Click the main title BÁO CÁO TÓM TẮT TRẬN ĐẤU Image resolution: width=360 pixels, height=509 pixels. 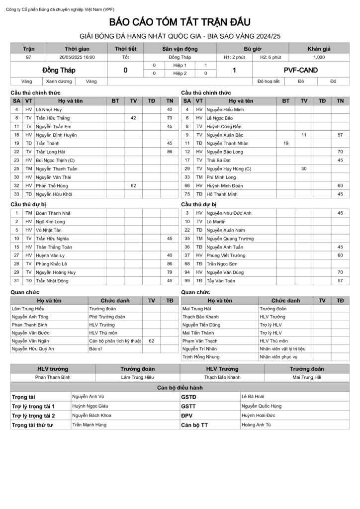click(180, 22)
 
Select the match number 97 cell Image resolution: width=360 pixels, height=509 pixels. click(28, 57)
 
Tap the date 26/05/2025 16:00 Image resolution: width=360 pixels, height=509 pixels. click(77, 57)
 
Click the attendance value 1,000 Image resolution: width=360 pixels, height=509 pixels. click(319, 57)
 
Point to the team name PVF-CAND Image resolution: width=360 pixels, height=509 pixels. click(300, 70)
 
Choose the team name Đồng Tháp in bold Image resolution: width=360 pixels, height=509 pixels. click(59, 70)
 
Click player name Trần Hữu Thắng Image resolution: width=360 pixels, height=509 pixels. click(53, 118)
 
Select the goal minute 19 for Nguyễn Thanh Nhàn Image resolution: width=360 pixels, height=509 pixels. click(286, 143)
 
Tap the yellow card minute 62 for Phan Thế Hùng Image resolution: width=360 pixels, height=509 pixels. click(133, 185)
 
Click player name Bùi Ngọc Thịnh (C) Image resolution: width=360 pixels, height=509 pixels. click(55, 160)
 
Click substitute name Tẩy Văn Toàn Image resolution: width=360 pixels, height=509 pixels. click(221, 281)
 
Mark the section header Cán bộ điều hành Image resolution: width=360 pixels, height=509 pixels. click(180, 387)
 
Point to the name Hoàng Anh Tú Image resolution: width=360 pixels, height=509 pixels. click(256, 425)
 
